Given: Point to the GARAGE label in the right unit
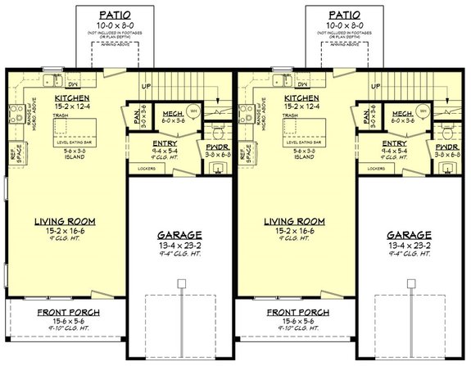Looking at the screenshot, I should (408, 235).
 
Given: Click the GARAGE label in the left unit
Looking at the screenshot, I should (179, 235).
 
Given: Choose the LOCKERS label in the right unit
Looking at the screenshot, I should (376, 169).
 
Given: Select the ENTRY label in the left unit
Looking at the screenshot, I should (165, 143).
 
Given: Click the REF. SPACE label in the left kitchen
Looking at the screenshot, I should (12, 154).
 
